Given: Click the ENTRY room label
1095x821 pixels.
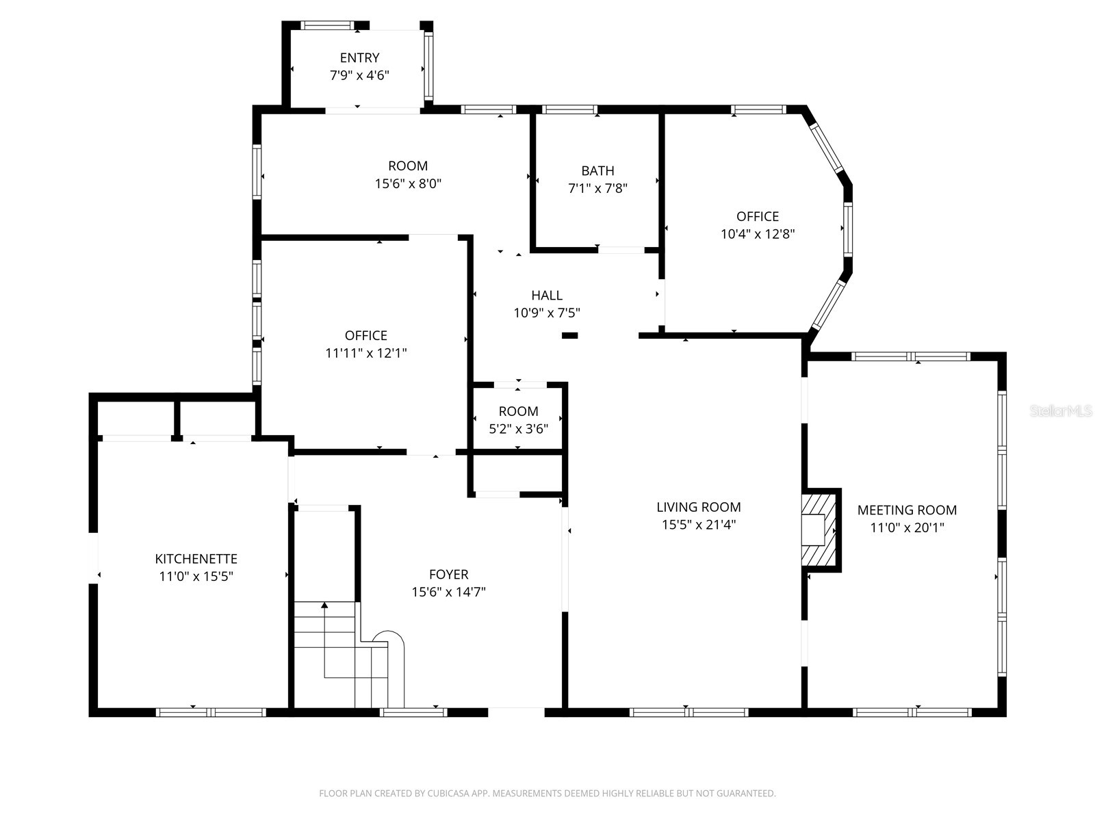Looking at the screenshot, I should [x=359, y=58].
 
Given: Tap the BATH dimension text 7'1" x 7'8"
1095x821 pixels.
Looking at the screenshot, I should [x=597, y=188].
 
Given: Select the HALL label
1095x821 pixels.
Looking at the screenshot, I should [x=547, y=296].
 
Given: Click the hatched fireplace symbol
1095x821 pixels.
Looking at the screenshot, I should [x=820, y=530].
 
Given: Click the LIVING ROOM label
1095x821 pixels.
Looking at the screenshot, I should [x=698, y=507].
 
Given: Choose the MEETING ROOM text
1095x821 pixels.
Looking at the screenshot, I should [x=907, y=510].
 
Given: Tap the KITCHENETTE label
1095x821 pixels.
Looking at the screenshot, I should [x=196, y=559].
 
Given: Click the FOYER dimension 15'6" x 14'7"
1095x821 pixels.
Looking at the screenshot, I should [x=448, y=592].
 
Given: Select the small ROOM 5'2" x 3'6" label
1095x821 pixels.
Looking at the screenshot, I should [x=518, y=411].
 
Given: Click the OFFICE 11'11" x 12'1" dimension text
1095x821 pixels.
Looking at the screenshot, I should [x=365, y=353].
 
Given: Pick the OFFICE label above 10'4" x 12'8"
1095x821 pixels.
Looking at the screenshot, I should [x=757, y=216].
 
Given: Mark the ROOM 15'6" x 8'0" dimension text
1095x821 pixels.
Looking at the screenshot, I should [x=408, y=183].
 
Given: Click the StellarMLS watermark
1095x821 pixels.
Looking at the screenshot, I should [x=1060, y=411].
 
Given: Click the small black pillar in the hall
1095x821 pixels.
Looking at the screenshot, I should [x=569, y=335].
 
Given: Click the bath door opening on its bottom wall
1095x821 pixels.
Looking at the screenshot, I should [x=621, y=250].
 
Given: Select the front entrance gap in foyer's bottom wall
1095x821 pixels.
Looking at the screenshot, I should [x=516, y=712].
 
